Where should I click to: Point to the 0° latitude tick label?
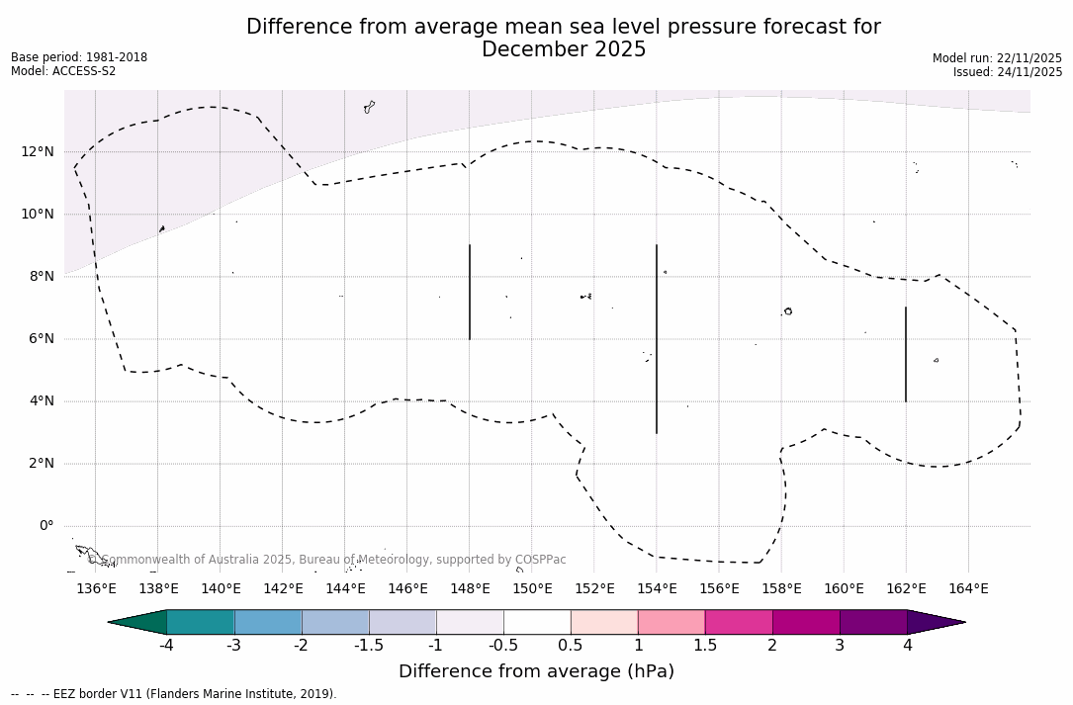tap(45, 525)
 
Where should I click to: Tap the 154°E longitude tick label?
tap(657, 589)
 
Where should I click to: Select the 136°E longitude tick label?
tap(96, 589)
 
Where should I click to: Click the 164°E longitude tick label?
tap(968, 589)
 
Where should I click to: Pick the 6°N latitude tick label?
tap(40, 338)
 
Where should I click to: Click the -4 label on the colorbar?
tap(166, 646)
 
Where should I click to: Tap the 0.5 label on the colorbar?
tap(571, 646)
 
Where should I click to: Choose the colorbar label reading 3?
tap(840, 646)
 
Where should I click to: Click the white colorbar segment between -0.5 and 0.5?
tap(537, 622)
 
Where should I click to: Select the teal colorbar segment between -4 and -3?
tap(201, 622)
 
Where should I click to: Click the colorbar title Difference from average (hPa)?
tap(536, 671)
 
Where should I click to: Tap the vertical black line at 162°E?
tap(906, 354)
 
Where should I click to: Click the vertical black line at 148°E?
tap(470, 292)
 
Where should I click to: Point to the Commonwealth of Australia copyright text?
tap(326, 560)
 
